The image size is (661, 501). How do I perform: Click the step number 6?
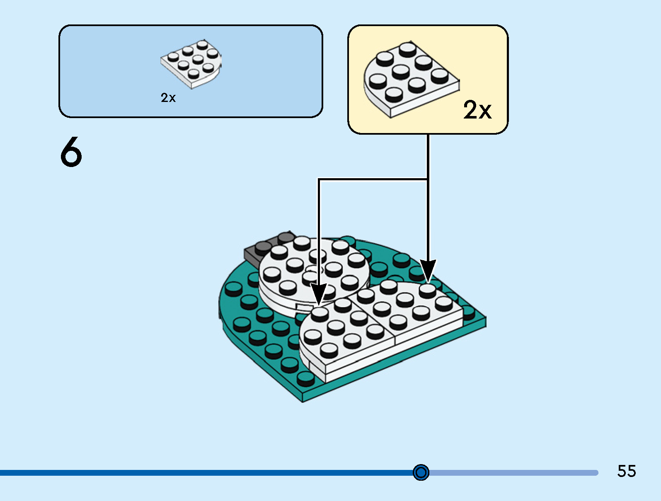click(71, 152)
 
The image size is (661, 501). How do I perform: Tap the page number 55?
click(626, 471)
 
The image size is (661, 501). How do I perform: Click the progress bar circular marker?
click(421, 472)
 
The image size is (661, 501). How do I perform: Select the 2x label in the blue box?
click(168, 98)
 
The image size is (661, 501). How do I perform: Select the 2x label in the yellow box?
click(477, 110)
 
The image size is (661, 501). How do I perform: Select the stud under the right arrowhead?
click(427, 289)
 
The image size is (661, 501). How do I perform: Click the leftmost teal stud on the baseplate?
click(233, 288)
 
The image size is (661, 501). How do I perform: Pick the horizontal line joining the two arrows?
click(373, 179)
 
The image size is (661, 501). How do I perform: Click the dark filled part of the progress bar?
click(207, 473)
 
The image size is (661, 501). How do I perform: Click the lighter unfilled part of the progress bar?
click(514, 473)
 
